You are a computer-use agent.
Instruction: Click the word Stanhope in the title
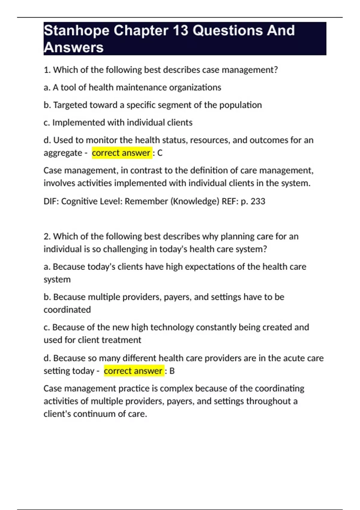[76, 31]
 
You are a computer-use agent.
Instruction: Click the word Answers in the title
[73, 47]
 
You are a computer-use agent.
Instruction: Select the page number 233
[258, 201]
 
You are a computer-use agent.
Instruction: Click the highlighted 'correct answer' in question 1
[121, 153]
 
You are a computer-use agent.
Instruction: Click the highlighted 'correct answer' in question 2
[133, 371]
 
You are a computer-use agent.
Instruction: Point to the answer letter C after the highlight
[160, 153]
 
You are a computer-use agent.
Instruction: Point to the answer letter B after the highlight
[172, 371]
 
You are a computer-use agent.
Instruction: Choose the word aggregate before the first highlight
[63, 153]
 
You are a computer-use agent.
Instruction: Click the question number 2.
[47, 236]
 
